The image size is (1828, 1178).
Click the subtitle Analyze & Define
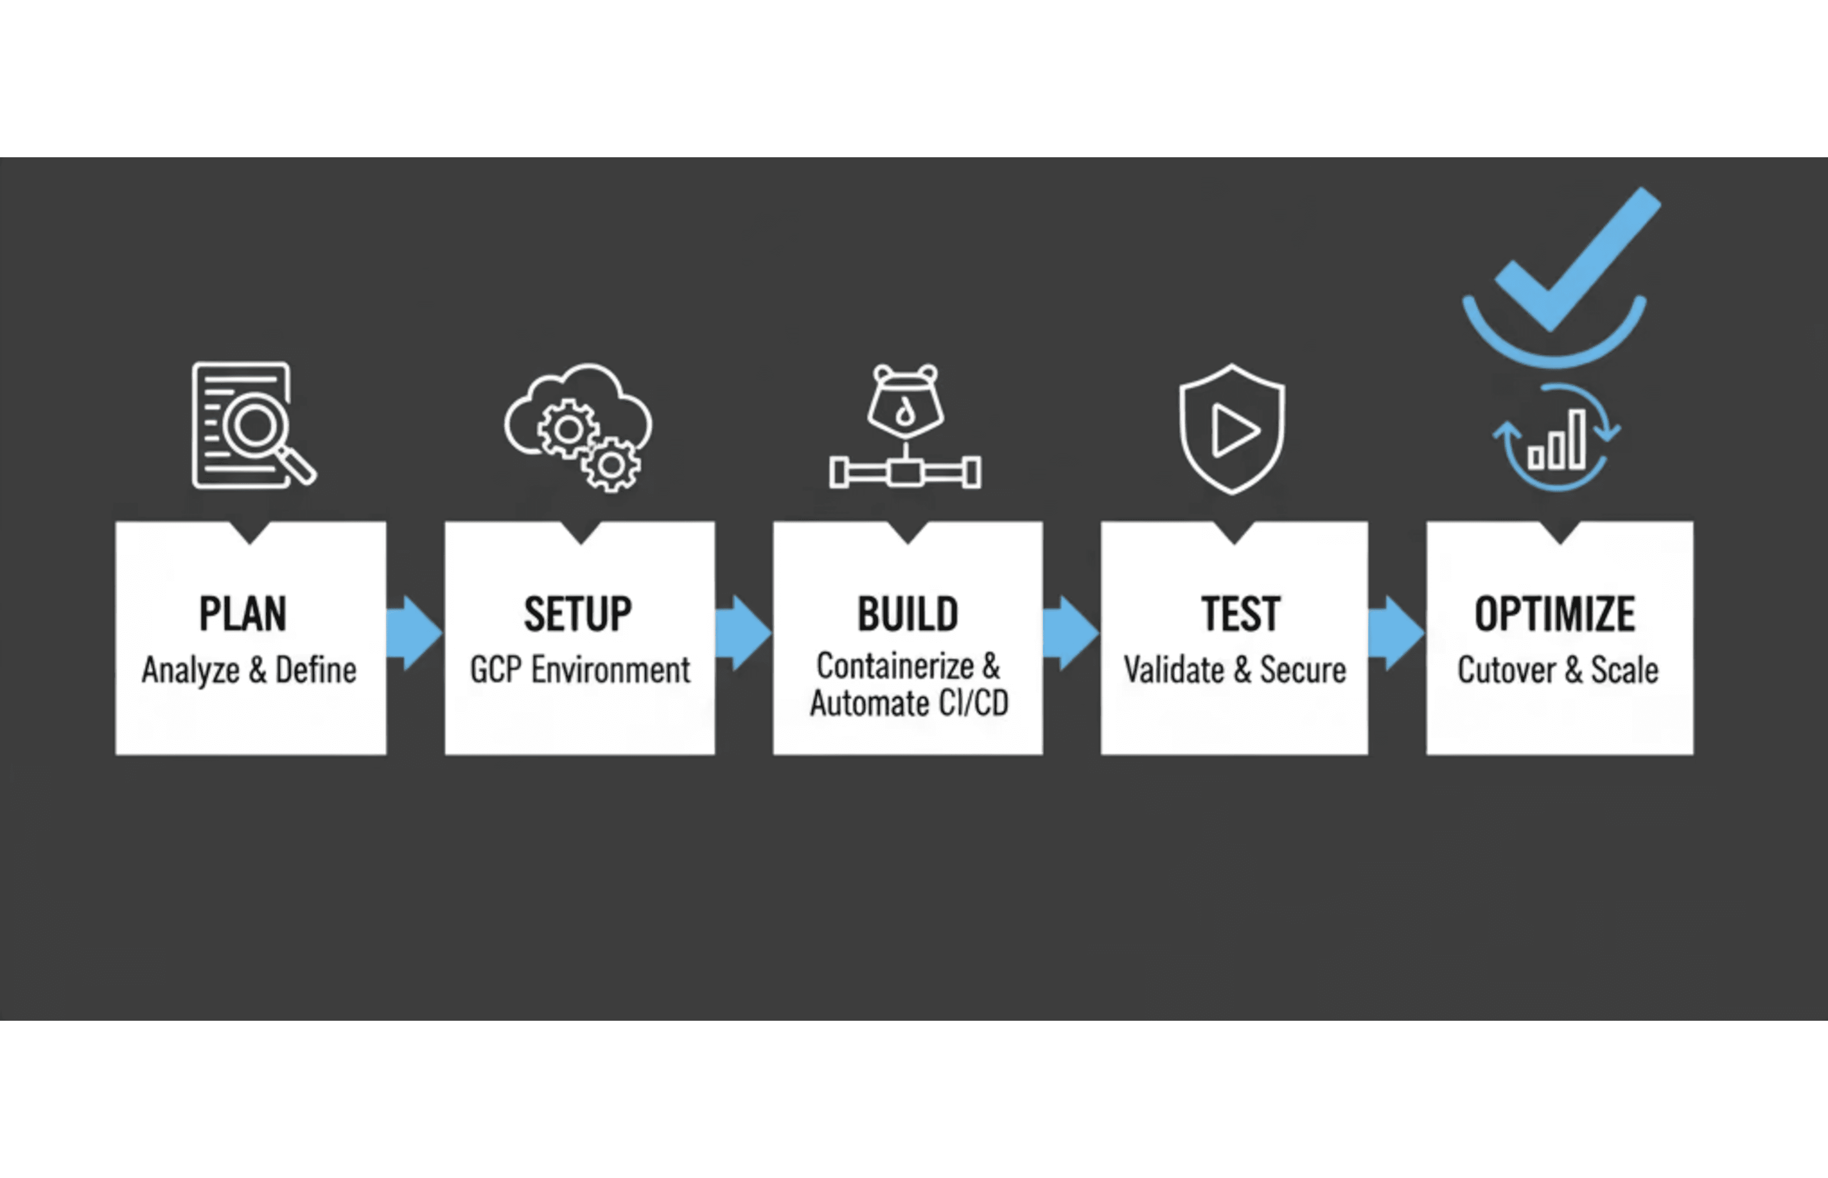[249, 670]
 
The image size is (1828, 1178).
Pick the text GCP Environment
[579, 670]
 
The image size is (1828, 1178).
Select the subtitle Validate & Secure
[1234, 670]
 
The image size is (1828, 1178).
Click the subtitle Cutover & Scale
[1557, 670]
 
